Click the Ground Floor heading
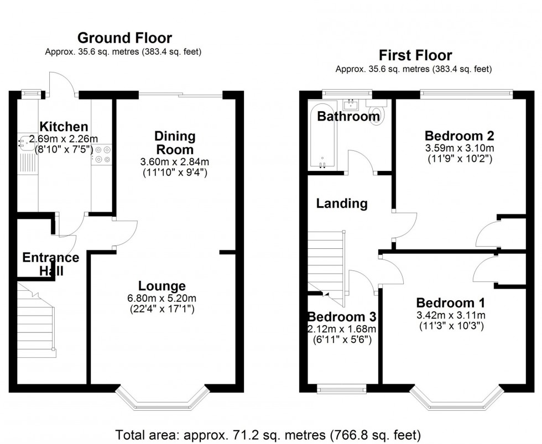pyautogui.click(x=124, y=38)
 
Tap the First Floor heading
pyautogui.click(x=415, y=55)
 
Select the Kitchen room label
pyautogui.click(x=64, y=127)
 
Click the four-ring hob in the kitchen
pyautogui.click(x=102, y=154)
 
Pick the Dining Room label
pyautogui.click(x=175, y=143)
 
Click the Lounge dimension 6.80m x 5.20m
pyautogui.click(x=162, y=298)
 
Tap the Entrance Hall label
pyautogui.click(x=51, y=264)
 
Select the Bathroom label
pyautogui.click(x=348, y=116)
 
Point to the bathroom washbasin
pyautogui.click(x=351, y=103)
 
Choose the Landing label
pyautogui.click(x=342, y=203)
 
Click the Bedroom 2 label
pyautogui.click(x=460, y=136)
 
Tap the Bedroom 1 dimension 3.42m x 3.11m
pyautogui.click(x=451, y=315)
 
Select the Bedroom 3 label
pyautogui.click(x=342, y=317)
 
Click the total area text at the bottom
pyautogui.click(x=268, y=435)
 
